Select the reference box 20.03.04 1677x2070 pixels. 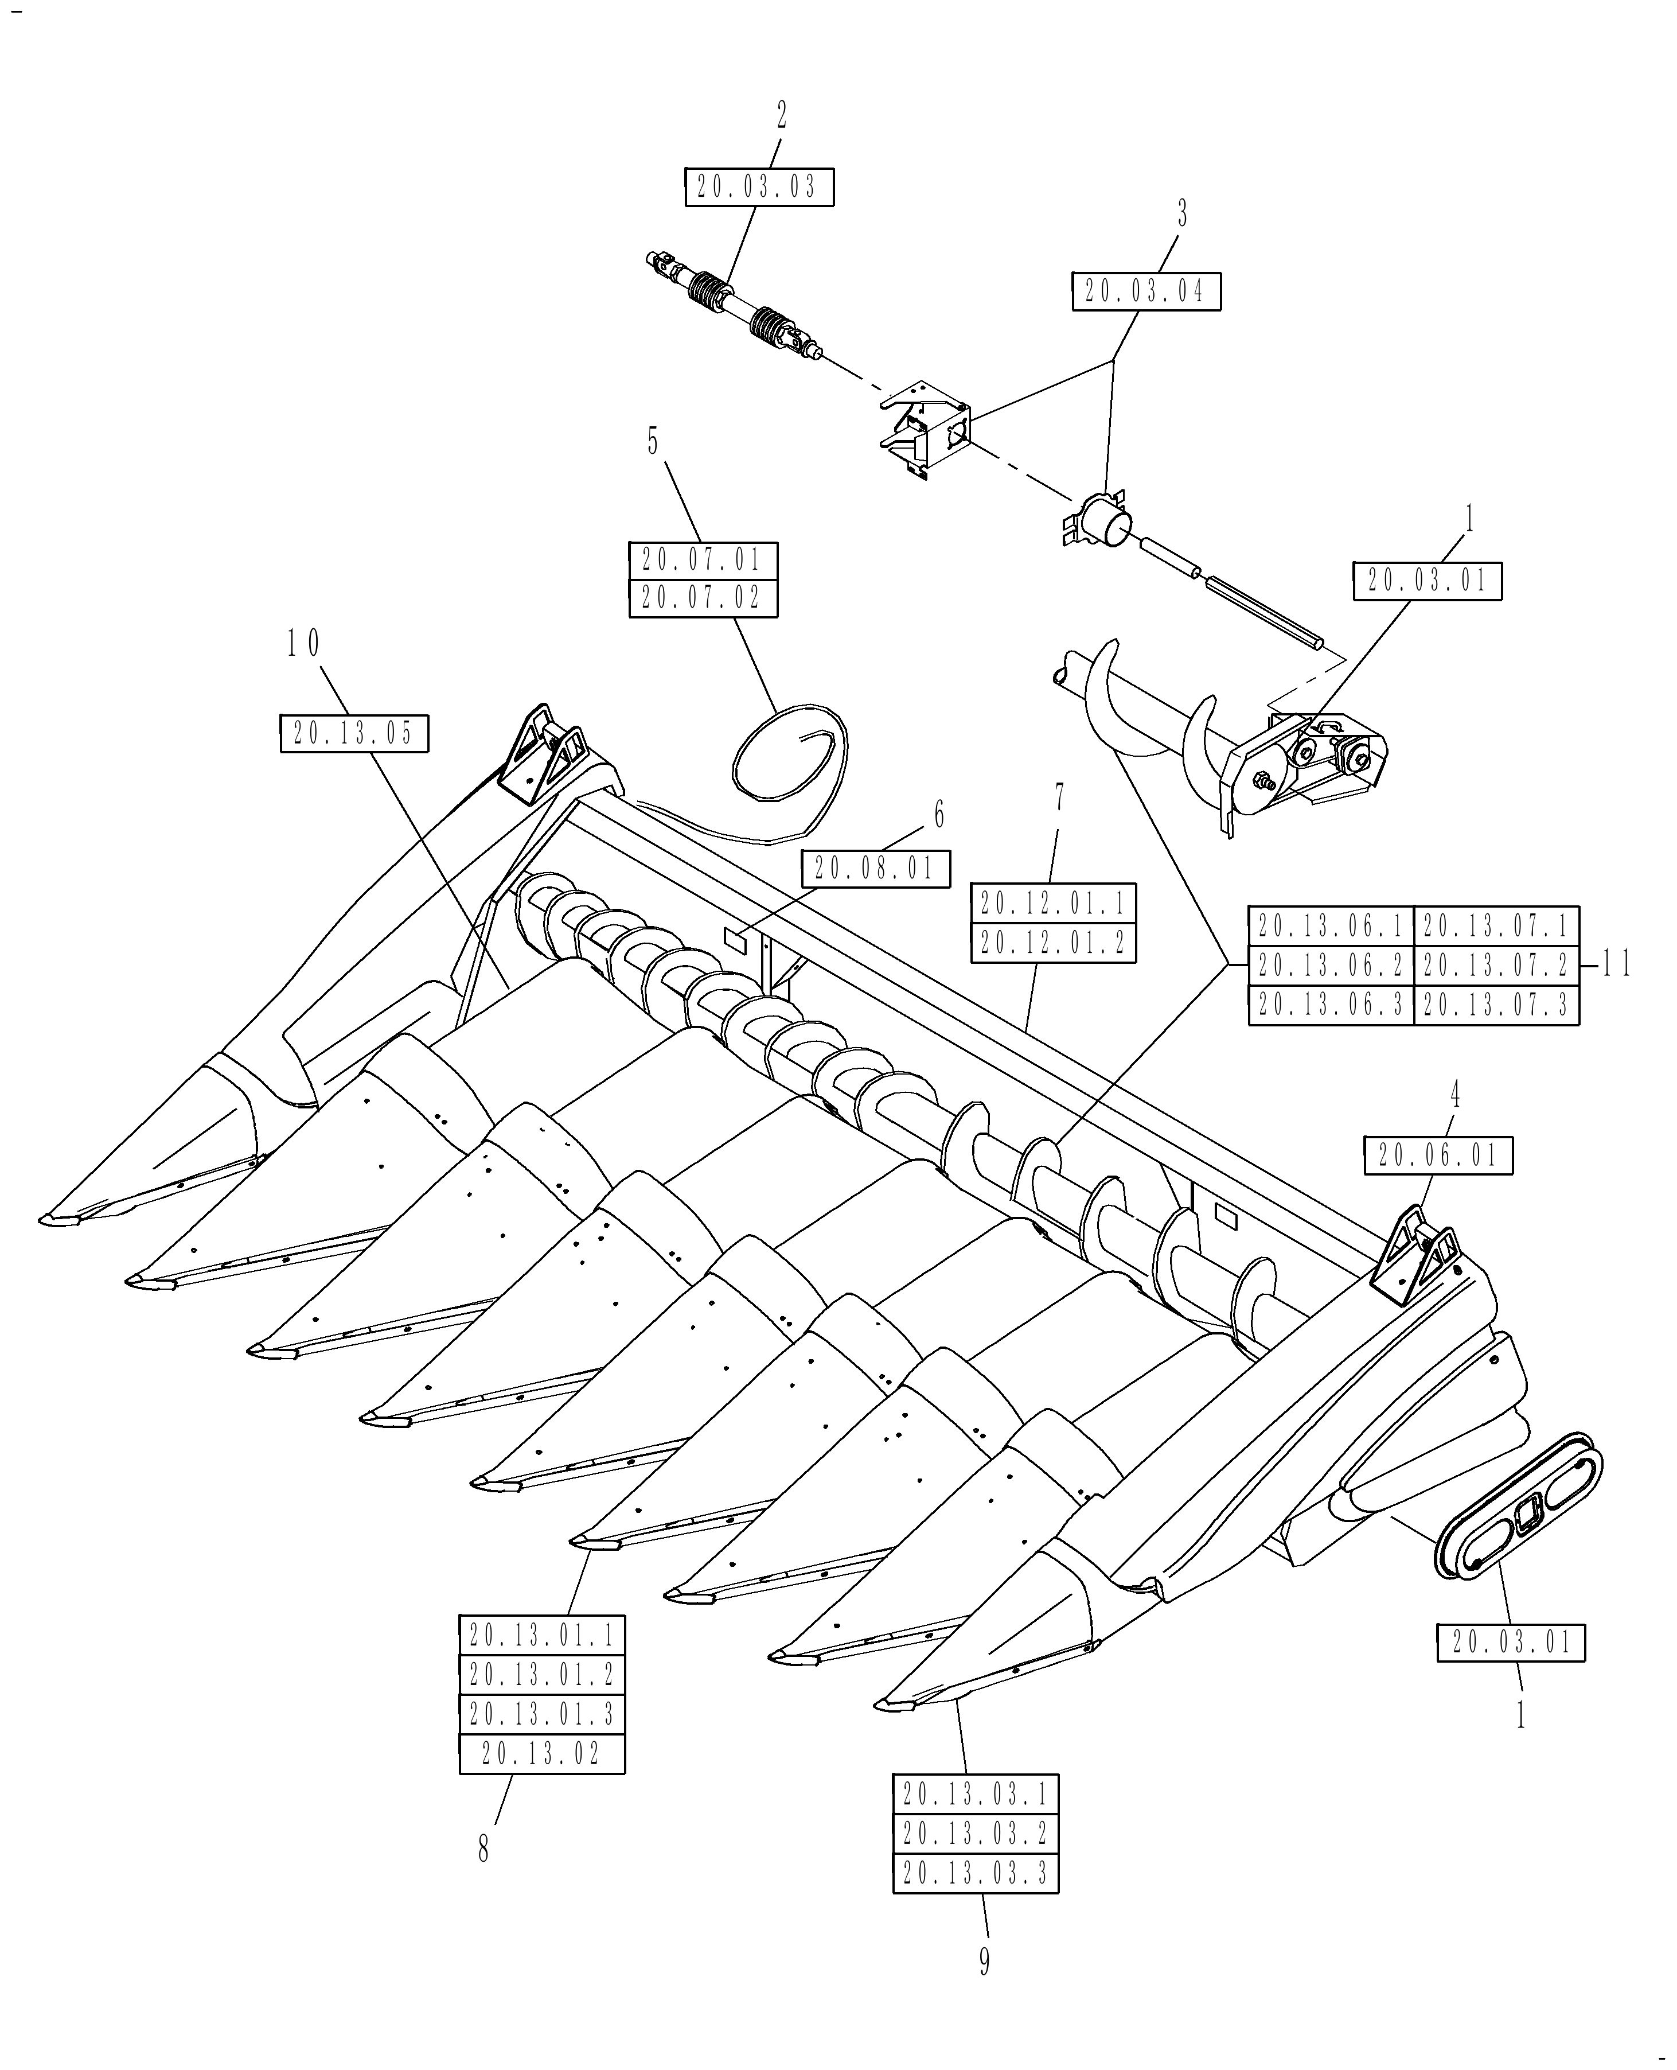(x=1146, y=291)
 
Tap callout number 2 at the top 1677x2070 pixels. (x=782, y=116)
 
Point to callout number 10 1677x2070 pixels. (x=302, y=644)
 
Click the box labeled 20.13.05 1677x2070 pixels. (x=353, y=733)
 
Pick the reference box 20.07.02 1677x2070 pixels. (x=703, y=598)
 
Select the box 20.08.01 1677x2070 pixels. (x=875, y=868)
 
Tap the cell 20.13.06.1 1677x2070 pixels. (x=1331, y=926)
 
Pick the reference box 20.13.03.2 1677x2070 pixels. (x=974, y=1832)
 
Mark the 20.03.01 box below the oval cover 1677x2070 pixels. (x=1511, y=1642)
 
